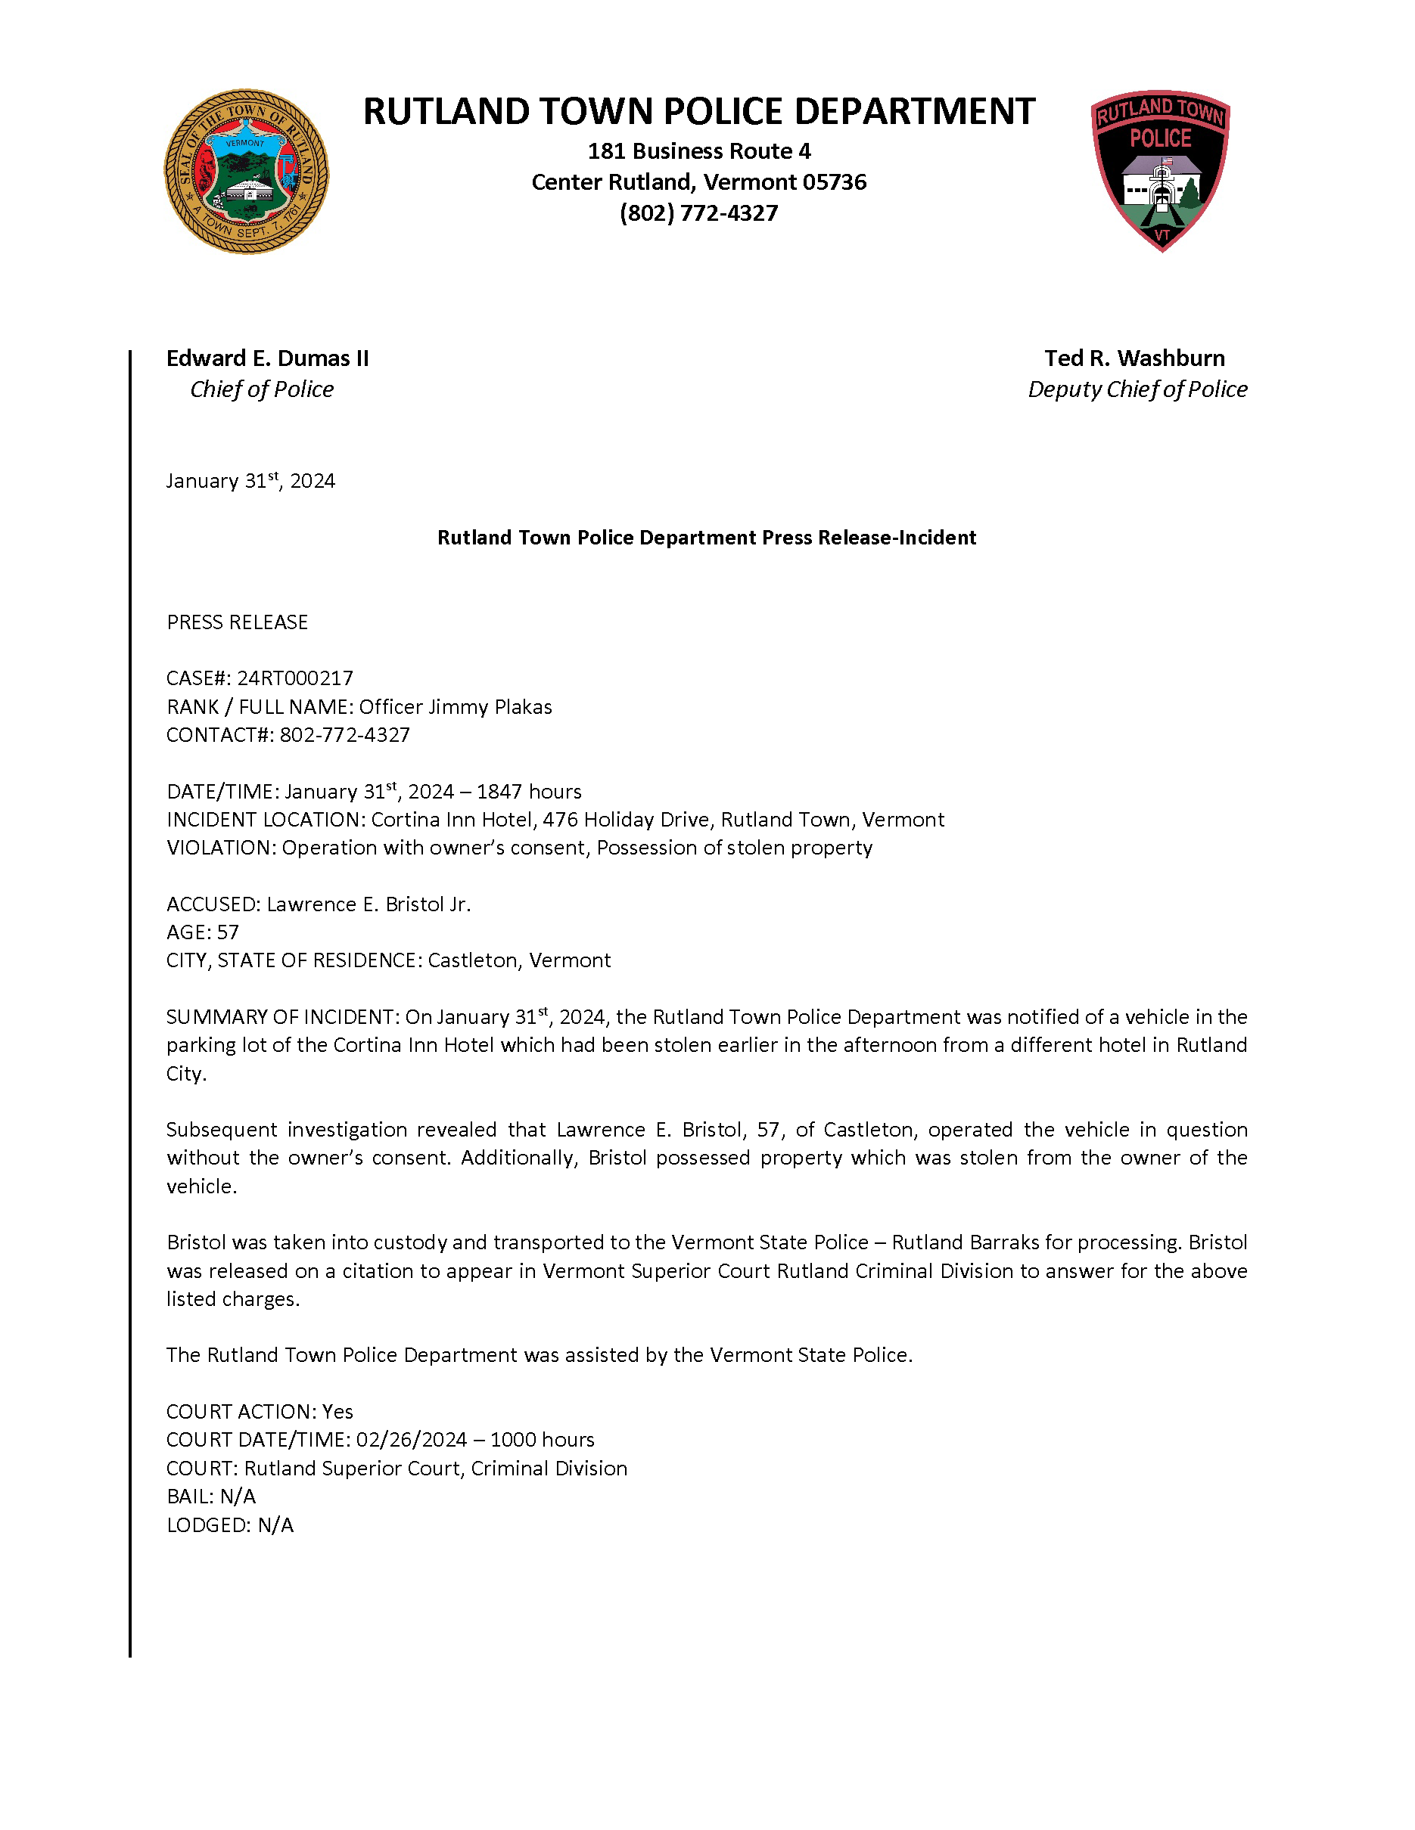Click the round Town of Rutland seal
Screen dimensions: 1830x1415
246,172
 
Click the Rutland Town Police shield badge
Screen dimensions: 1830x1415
1160,170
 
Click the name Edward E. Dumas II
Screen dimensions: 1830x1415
267,358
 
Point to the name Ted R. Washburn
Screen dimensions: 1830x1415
1134,358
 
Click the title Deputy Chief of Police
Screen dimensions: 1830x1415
1137,389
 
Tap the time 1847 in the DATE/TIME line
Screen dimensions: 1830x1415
500,791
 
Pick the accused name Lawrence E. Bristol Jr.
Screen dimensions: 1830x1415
369,904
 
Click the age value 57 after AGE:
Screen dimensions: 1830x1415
228,932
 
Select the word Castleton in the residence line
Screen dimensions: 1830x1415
472,960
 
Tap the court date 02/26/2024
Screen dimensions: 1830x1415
411,1440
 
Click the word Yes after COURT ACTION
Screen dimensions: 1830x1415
337,1411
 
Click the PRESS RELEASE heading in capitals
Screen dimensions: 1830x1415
238,622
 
